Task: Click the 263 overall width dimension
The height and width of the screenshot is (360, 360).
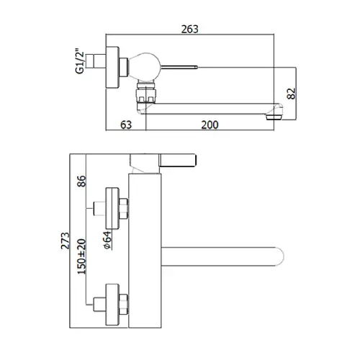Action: click(189, 30)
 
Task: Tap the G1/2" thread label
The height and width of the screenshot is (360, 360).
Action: click(80, 62)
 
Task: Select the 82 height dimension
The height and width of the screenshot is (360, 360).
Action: click(292, 94)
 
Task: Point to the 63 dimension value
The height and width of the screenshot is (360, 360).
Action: click(126, 125)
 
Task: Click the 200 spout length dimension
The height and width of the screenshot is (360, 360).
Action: click(210, 125)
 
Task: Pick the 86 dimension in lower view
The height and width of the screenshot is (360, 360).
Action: click(81, 181)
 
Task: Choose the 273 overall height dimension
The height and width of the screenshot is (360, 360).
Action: click(65, 240)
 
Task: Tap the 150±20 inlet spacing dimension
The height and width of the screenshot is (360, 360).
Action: click(81, 256)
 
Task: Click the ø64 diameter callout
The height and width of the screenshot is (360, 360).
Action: click(108, 240)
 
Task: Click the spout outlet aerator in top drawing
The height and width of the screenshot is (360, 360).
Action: click(274, 117)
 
